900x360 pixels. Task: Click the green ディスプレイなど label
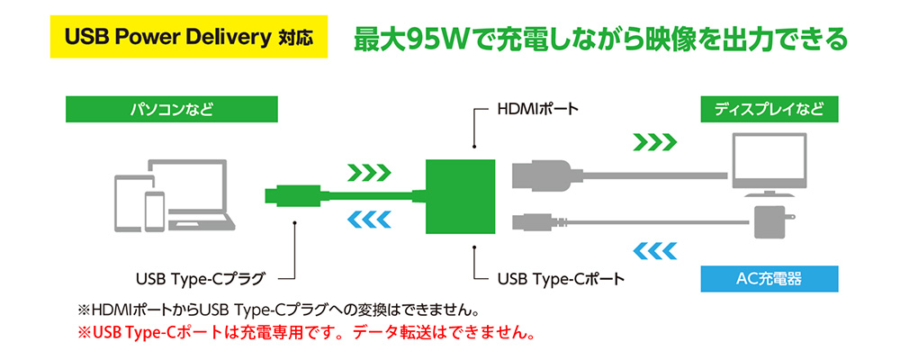point(769,112)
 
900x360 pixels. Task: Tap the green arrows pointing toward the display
point(654,141)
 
